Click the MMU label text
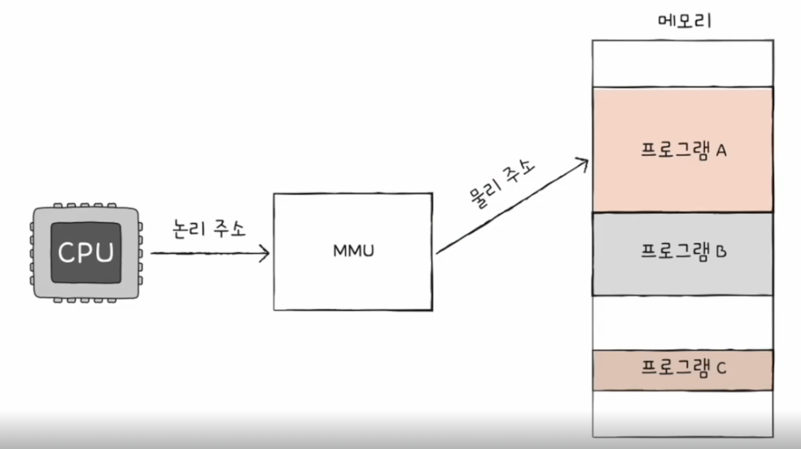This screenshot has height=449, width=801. (352, 251)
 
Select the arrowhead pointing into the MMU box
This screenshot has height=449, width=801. (263, 253)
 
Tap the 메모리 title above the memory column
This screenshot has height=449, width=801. (684, 20)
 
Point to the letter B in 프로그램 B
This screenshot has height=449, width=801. (720, 251)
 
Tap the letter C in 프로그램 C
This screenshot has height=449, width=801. (720, 370)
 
